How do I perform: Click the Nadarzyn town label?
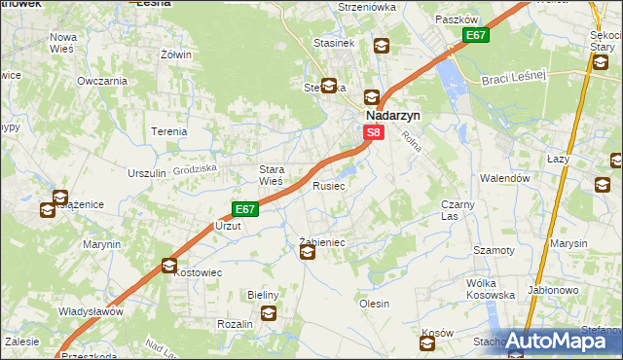[x=392, y=113]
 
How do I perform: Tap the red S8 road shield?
[x=373, y=131]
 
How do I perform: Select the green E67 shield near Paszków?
[x=475, y=36]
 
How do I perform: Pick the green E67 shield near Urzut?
[x=244, y=209]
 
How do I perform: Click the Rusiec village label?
[x=329, y=185]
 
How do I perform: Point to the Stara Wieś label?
[x=271, y=174]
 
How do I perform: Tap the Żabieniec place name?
[x=322, y=241]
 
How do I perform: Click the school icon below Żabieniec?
[x=308, y=254]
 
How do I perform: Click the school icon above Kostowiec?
[x=169, y=265]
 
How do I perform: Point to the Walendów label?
[x=504, y=179]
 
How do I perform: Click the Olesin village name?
[x=375, y=304]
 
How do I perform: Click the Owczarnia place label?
[x=102, y=81]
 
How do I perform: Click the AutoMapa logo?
[x=556, y=342]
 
